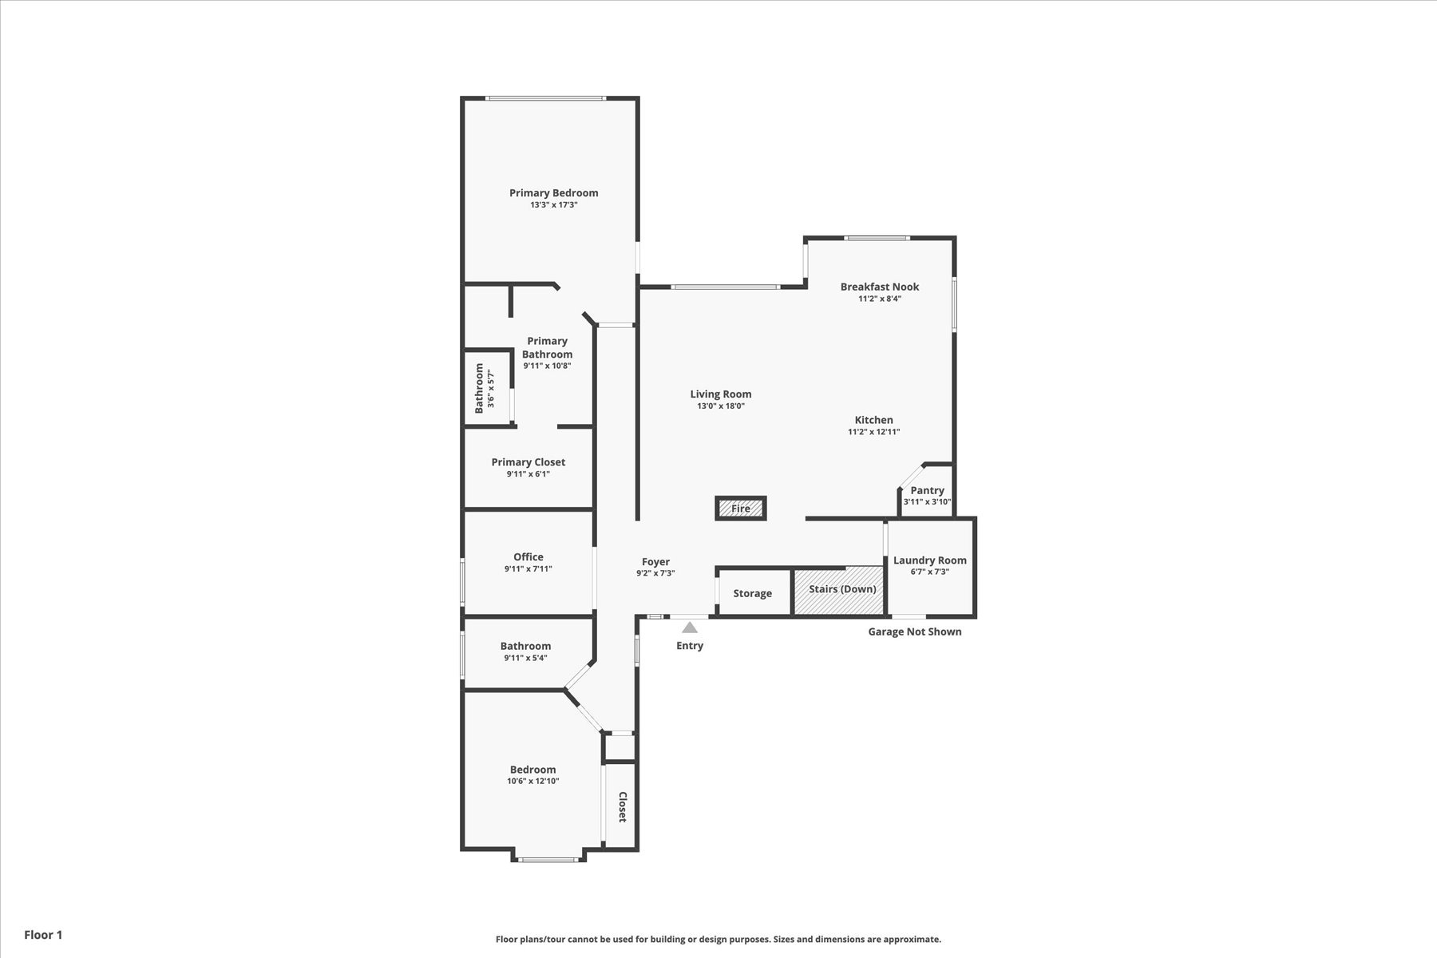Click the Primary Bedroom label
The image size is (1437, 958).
click(554, 192)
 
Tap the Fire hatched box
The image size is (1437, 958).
click(741, 509)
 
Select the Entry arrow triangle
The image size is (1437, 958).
click(690, 627)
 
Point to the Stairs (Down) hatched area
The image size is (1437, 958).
click(839, 591)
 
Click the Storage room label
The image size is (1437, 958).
click(753, 593)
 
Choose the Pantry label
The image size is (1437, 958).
click(928, 490)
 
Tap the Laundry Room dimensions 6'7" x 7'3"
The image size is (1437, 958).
click(930, 572)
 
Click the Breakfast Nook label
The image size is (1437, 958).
click(880, 287)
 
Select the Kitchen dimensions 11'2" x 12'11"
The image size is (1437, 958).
click(874, 432)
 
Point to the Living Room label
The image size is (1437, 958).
click(721, 394)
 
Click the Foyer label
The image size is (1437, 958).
click(656, 561)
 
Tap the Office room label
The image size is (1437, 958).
click(528, 556)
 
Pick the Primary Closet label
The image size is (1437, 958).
click(528, 462)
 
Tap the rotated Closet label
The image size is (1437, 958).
click(623, 807)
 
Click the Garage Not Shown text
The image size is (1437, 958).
click(915, 631)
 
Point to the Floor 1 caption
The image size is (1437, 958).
click(43, 935)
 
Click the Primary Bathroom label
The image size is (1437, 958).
click(548, 347)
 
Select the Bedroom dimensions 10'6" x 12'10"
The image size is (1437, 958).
click(533, 781)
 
